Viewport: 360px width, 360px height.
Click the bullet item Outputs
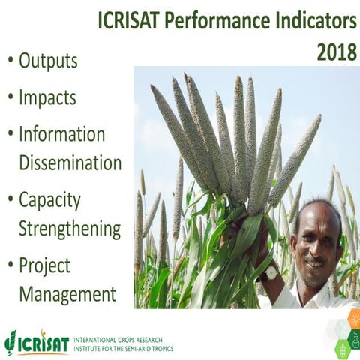48,61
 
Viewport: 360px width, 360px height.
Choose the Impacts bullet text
47,97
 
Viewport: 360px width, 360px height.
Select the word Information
61,134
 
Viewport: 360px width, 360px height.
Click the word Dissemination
70,162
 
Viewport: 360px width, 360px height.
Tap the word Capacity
49,200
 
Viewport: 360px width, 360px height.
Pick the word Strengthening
69,228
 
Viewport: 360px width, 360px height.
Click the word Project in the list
44,266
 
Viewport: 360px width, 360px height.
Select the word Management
67,293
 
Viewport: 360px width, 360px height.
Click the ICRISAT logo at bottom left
35,341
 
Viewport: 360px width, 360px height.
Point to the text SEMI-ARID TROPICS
145,349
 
